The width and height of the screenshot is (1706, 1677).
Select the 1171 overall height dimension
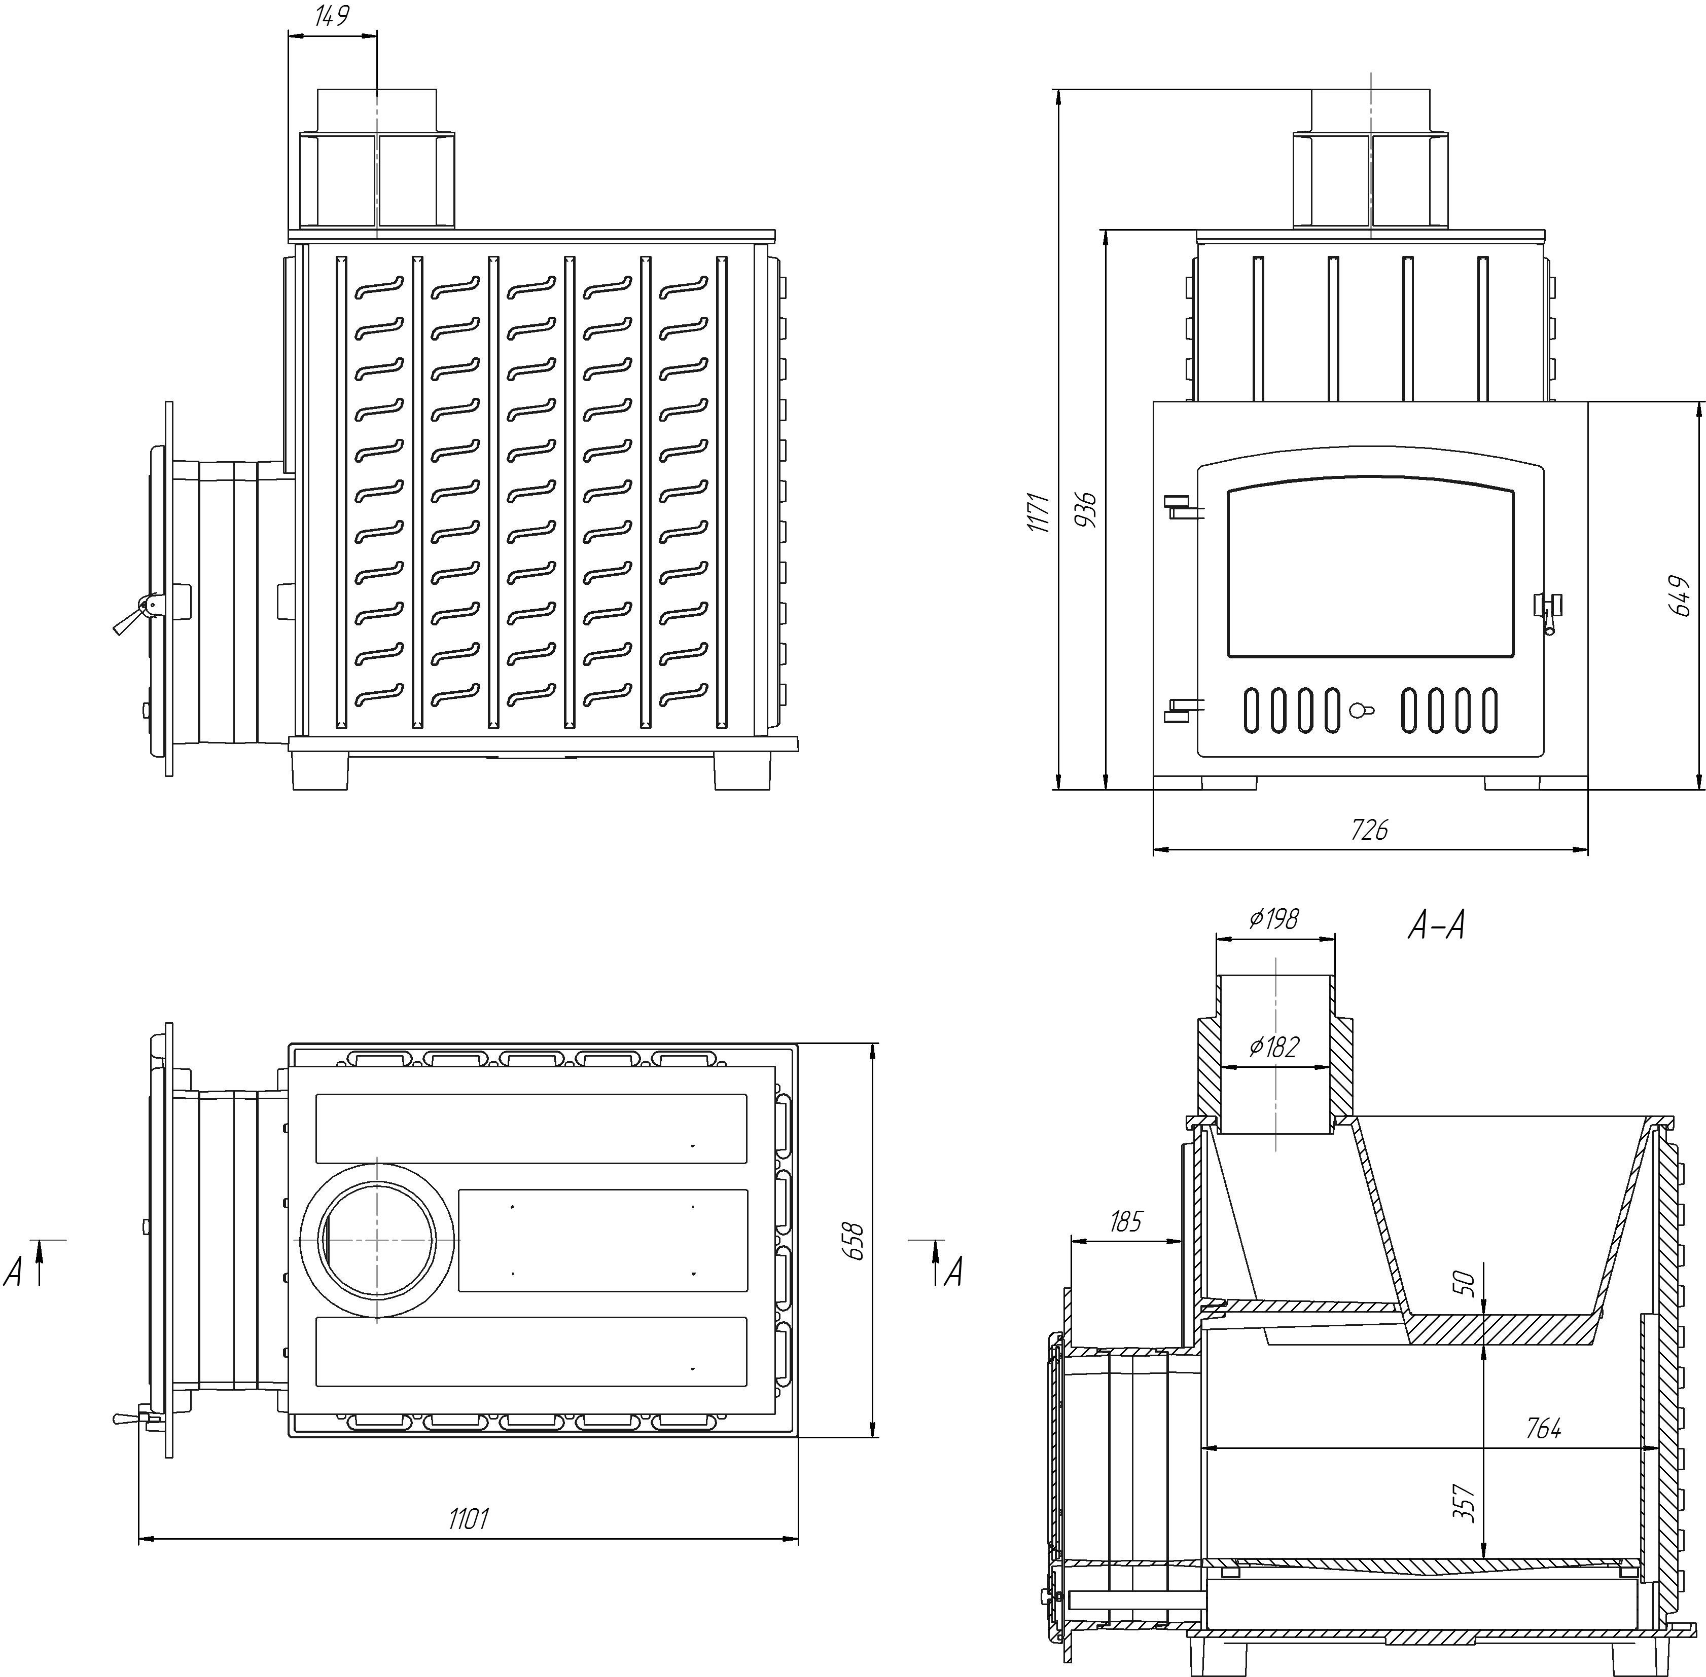[1040, 512]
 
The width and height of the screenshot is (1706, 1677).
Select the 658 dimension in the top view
[853, 1240]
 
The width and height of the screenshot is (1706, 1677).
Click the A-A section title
[1436, 926]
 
